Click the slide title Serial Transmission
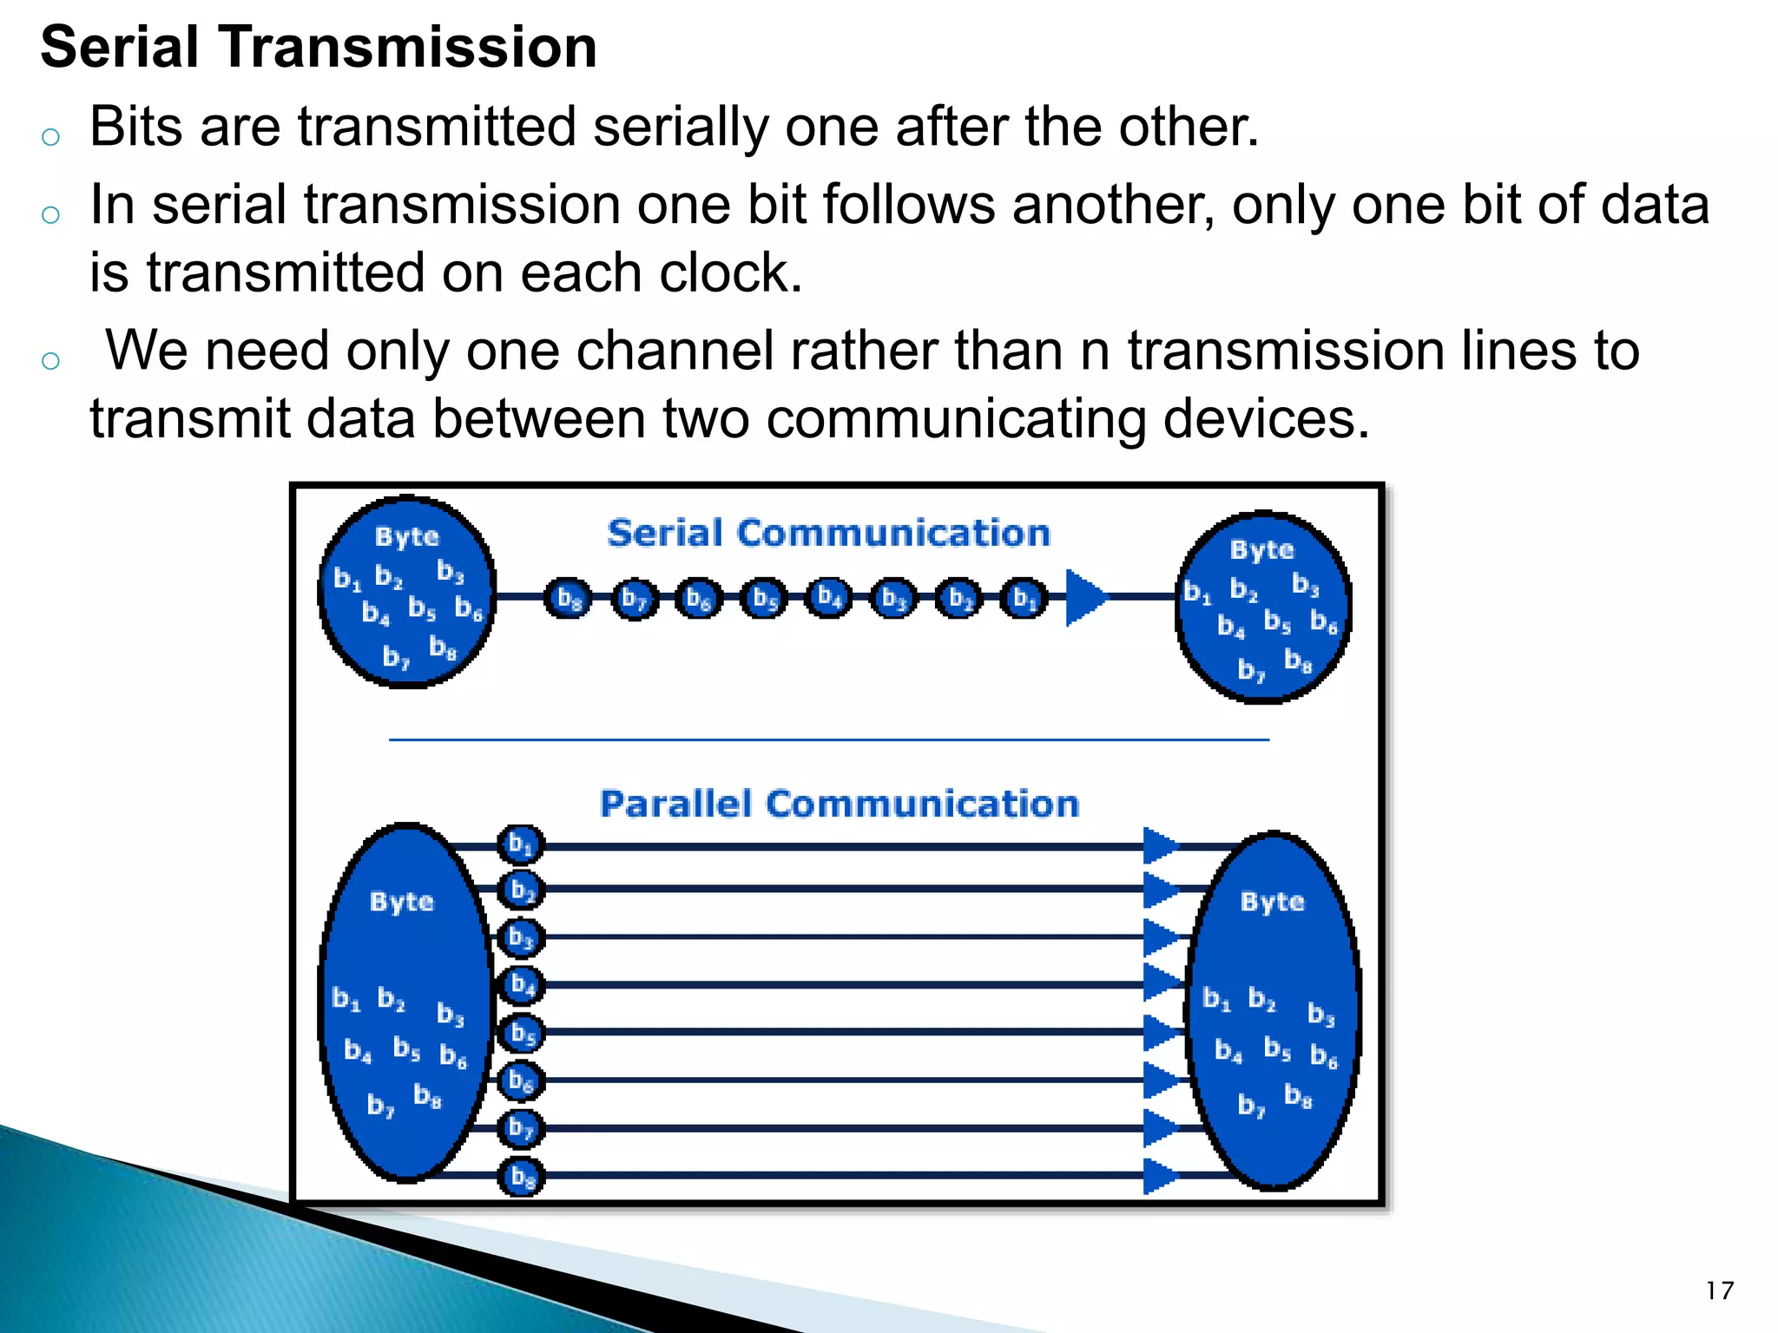click(x=319, y=47)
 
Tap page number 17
click(x=1719, y=1290)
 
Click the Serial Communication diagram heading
click(x=828, y=533)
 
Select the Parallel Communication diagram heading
click(x=839, y=804)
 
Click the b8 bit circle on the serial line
click(x=569, y=598)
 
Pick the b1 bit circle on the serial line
click(x=1024, y=598)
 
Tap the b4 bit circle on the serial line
click(x=829, y=598)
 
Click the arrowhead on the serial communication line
click(x=1084, y=597)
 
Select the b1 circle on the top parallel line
click(x=521, y=844)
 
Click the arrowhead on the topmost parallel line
click(x=1160, y=845)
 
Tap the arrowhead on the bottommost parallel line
click(x=1160, y=1176)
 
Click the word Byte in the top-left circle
click(x=406, y=536)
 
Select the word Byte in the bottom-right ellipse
click(x=1272, y=902)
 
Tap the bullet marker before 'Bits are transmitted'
click(x=50, y=136)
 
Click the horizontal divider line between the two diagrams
click(x=828, y=739)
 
